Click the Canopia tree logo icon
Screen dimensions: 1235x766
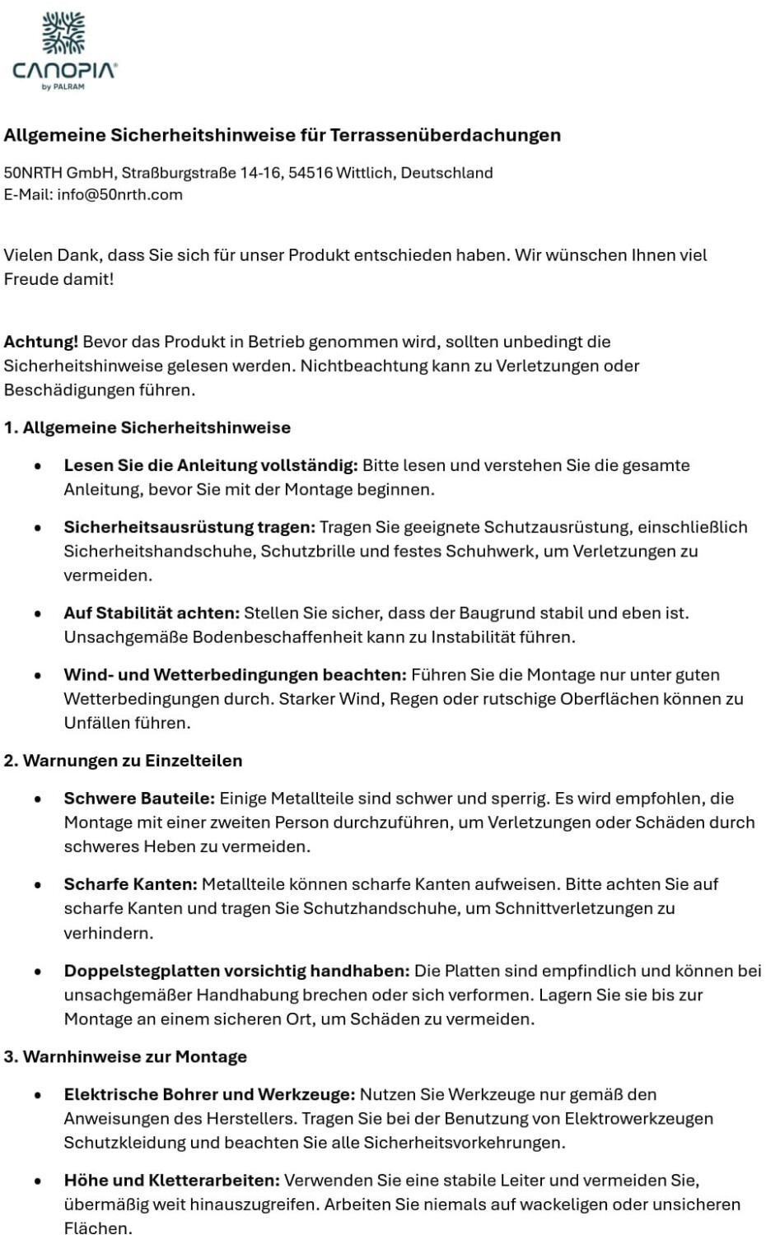pos(64,33)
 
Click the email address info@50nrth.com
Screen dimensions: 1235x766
pos(119,195)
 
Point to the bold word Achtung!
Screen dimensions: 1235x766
pos(41,342)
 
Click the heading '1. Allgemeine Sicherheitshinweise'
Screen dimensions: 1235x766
pos(147,428)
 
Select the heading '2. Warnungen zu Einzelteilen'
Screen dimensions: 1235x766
pos(123,761)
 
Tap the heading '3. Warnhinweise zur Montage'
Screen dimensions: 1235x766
pos(125,1057)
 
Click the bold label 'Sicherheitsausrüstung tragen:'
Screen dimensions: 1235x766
pos(189,527)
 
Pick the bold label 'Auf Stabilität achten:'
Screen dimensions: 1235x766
pos(152,613)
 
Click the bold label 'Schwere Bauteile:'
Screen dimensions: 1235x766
pos(139,799)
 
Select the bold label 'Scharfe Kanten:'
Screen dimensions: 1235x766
pos(130,885)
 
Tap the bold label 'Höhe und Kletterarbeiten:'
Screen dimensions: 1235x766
pos(171,1181)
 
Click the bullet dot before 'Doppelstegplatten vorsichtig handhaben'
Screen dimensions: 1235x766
pos(38,972)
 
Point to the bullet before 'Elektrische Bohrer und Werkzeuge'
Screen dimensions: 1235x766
pos(38,1096)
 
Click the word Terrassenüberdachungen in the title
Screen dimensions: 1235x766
pos(445,135)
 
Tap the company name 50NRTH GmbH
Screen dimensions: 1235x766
pos(59,173)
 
